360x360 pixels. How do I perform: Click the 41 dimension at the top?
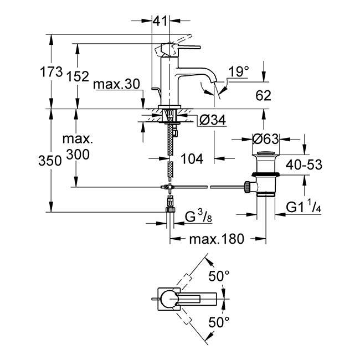(160, 21)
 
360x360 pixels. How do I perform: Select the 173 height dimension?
(51, 72)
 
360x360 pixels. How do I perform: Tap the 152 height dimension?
(78, 76)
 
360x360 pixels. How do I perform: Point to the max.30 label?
(117, 84)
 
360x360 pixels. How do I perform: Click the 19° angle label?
(239, 71)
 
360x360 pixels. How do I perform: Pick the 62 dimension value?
(263, 96)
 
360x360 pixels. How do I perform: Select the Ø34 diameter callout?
(213, 120)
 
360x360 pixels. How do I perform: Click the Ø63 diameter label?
(266, 139)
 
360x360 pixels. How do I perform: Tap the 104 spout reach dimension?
(192, 158)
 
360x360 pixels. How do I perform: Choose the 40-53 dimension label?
(304, 164)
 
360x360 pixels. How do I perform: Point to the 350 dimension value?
(50, 161)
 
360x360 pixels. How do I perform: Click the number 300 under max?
(78, 155)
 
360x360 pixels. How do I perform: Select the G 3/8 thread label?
(198, 217)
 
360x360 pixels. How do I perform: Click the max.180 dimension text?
(216, 239)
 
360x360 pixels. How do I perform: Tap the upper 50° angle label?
(219, 276)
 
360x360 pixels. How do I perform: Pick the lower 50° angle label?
(219, 322)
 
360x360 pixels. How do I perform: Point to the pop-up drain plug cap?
(266, 153)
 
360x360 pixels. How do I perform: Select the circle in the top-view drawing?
(169, 299)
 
